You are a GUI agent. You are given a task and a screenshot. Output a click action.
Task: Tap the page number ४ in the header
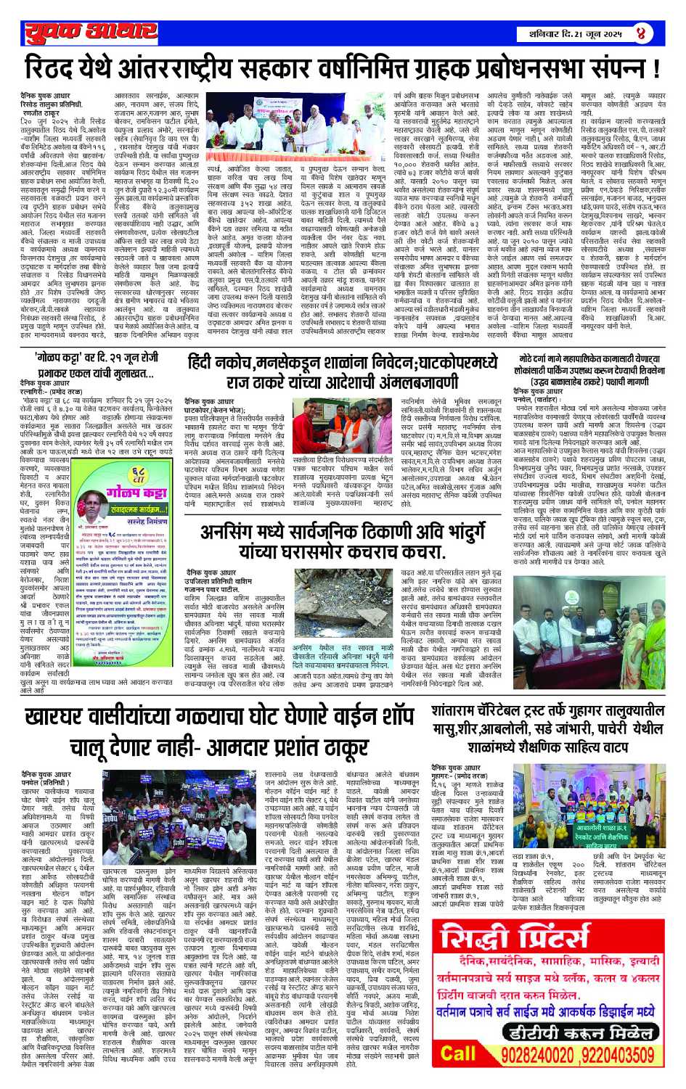640,33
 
